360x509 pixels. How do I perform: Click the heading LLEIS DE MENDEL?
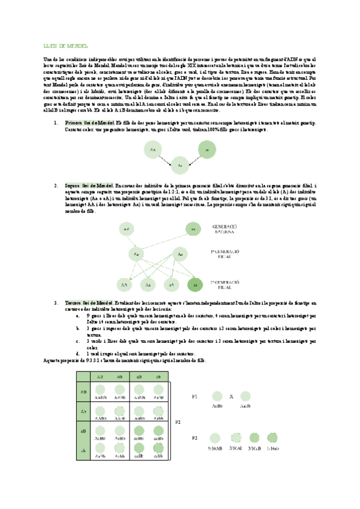[62, 46]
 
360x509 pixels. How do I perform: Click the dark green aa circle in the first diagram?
[205, 148]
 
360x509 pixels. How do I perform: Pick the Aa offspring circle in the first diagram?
[179, 163]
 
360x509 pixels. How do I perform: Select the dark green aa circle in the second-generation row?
[193, 285]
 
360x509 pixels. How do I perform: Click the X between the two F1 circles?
[231, 397]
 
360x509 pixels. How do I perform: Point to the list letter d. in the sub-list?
[79, 353]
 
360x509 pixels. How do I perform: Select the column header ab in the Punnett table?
[159, 377]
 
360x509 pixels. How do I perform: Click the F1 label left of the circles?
[194, 397]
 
